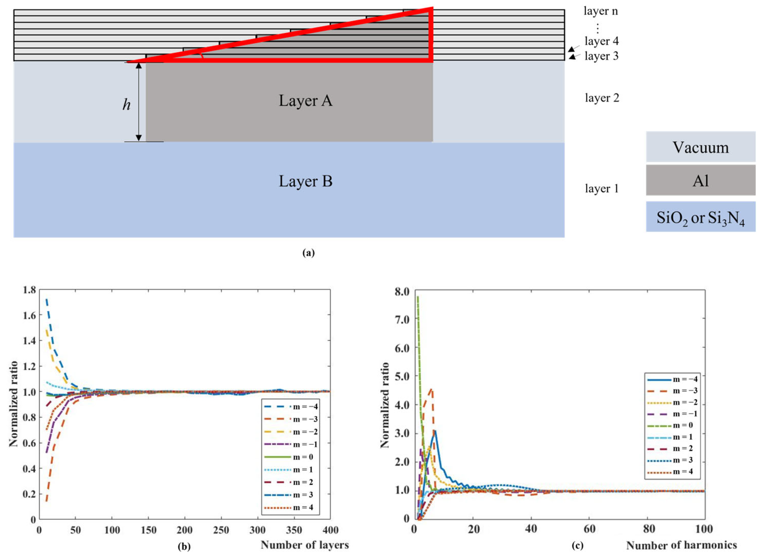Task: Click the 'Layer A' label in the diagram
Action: point(306,101)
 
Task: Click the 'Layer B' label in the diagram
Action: point(306,181)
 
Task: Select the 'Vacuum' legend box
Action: point(701,147)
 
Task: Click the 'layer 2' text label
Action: point(602,98)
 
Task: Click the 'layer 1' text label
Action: point(602,188)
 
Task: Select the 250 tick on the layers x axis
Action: point(221,530)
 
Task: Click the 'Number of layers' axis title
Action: point(304,544)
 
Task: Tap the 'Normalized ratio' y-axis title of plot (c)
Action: point(385,405)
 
